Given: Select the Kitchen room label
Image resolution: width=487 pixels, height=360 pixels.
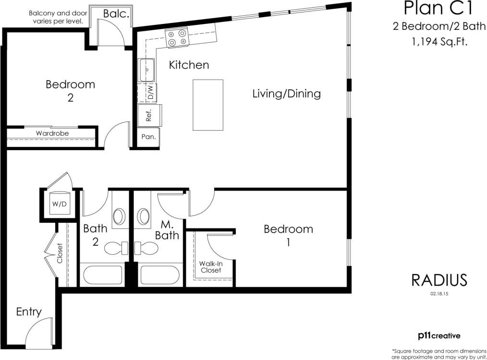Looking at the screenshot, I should pos(189,65).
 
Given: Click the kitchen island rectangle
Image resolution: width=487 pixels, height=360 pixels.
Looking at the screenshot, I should pos(208,105).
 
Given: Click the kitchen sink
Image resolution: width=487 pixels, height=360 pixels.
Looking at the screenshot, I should pos(146,70).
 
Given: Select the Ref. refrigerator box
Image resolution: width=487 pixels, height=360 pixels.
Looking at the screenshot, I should pos(148,116).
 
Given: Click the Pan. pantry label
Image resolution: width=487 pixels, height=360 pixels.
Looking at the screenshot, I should pos(147,137).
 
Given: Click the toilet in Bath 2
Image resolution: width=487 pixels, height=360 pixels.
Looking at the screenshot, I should pos(115,248).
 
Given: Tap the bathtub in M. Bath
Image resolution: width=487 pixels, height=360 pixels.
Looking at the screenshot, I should pos(159,275).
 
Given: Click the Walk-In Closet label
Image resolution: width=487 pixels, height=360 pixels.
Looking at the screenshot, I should pos(211,267).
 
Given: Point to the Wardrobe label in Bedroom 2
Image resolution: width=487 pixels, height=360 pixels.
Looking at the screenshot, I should pos(52,133).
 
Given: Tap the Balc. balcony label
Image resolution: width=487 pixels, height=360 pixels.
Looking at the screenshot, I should pos(116,14).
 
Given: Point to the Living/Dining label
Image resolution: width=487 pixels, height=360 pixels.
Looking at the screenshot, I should pos(286,94).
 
